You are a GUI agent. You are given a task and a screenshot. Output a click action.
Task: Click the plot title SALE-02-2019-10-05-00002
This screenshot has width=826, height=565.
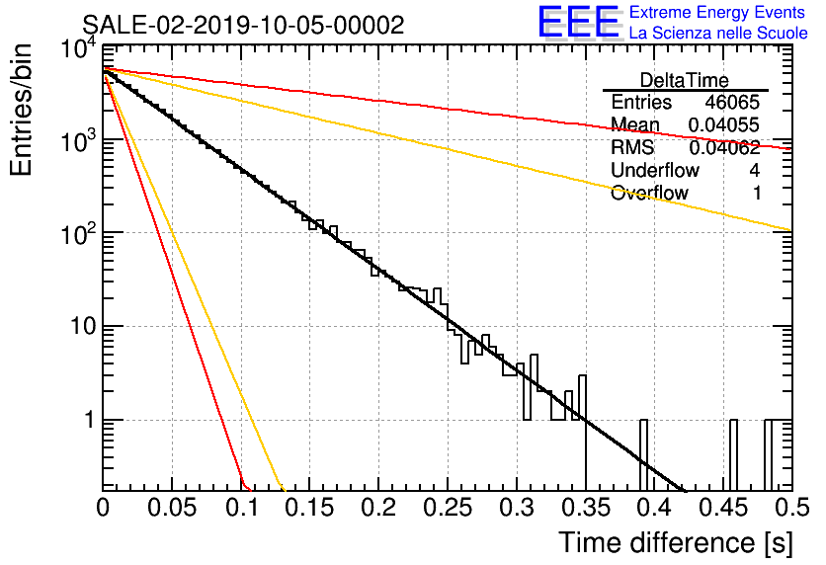tap(243, 25)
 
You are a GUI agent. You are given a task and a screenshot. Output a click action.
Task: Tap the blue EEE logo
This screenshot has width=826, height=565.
tap(579, 22)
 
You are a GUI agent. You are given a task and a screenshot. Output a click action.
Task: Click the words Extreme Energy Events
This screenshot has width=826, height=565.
tap(717, 12)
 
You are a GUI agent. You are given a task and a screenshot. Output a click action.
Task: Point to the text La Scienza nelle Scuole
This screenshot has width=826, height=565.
tap(718, 34)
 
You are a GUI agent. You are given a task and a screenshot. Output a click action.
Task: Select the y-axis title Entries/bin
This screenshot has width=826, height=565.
tap(21, 110)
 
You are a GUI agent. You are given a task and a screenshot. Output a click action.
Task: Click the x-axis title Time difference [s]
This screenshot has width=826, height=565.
tap(676, 543)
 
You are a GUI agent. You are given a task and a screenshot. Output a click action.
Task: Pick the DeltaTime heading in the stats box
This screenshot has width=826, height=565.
tap(685, 80)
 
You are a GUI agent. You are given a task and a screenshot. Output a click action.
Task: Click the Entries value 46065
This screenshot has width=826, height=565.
tap(732, 102)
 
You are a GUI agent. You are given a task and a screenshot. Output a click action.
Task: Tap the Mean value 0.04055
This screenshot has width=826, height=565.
tap(724, 125)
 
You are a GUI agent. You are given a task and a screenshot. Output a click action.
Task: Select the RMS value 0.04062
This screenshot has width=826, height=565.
tap(724, 148)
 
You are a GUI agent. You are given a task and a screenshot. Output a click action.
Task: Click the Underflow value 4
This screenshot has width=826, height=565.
tap(754, 171)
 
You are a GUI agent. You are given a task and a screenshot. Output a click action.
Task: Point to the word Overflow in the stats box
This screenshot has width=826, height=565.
tap(649, 194)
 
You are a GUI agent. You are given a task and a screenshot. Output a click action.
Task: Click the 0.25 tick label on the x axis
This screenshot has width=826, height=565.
tap(447, 508)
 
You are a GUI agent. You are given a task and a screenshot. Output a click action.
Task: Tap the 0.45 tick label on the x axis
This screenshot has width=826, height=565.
tap(723, 508)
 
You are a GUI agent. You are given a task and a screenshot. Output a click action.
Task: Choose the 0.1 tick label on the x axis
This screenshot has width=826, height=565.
tap(242, 508)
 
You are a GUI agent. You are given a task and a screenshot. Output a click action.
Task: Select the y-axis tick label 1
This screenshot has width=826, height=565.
tap(90, 421)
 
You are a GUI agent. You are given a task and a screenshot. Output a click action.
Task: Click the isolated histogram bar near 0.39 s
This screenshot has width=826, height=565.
tap(643, 455)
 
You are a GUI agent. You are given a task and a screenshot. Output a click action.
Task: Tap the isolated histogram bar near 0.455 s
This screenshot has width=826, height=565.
tap(733, 455)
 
